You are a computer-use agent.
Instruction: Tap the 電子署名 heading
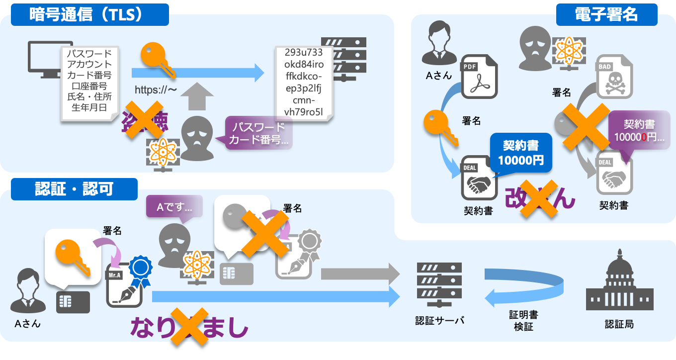[x=606, y=14]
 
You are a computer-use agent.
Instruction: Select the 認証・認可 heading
[x=74, y=189]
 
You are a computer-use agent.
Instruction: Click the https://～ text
[x=156, y=90]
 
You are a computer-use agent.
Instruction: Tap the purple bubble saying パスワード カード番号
[x=258, y=133]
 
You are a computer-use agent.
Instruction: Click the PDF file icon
[x=479, y=76]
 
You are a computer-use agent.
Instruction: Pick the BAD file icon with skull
[x=614, y=76]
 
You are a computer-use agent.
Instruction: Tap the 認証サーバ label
[x=439, y=321]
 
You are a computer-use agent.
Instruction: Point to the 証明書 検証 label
[x=523, y=321]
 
